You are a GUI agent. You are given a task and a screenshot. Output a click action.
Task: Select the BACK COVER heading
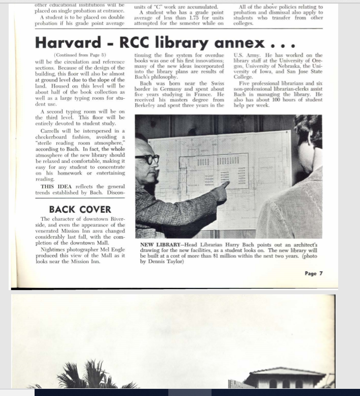pos(80,209)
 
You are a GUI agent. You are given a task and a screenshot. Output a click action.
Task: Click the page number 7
pos(321,273)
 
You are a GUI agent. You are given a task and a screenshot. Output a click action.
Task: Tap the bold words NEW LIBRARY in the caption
pos(160,245)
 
